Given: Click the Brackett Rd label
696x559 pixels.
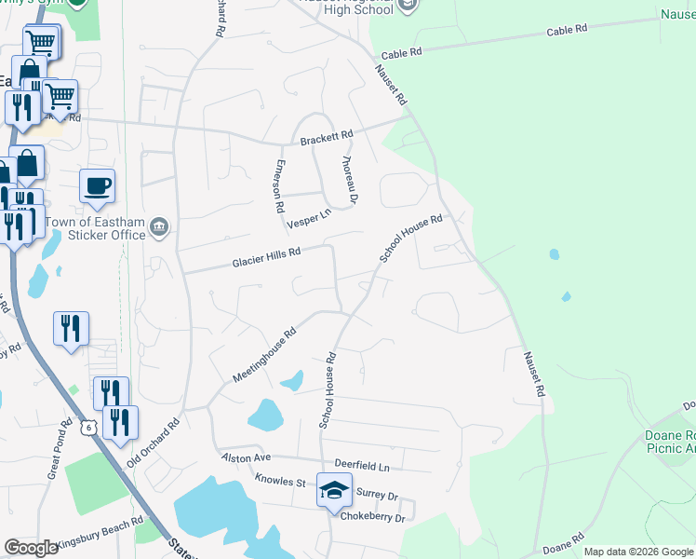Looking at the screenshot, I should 326,138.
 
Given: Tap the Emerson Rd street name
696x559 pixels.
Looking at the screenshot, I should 276,185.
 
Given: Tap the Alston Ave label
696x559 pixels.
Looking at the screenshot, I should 245,458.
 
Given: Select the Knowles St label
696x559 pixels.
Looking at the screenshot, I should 281,482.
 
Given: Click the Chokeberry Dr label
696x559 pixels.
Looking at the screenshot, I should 373,517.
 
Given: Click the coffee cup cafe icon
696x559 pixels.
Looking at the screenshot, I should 97,187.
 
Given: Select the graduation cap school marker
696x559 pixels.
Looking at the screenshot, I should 334,490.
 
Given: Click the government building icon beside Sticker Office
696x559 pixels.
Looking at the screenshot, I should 159,226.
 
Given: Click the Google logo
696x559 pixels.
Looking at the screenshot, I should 31,548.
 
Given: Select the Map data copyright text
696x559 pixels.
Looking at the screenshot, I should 638,552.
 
